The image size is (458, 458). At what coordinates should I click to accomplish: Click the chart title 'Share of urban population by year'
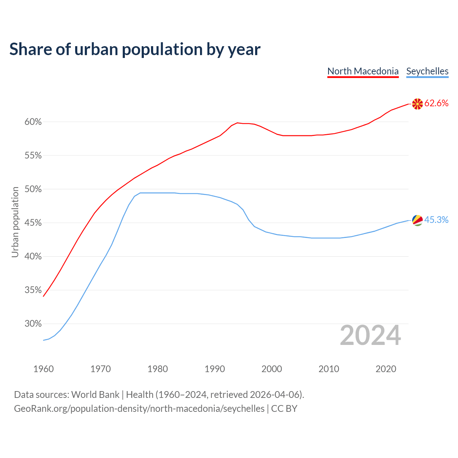(135, 49)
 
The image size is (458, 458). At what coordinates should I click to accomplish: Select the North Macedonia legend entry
(363, 71)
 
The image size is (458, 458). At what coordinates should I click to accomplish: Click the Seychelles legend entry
(427, 71)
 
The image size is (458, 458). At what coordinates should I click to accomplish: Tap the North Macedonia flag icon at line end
(417, 104)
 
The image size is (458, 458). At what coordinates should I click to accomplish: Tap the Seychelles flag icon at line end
(417, 220)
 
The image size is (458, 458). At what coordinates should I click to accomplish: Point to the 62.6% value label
(436, 103)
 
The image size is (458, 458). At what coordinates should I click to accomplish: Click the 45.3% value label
(436, 220)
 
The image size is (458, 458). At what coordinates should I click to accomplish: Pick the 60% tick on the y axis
(33, 122)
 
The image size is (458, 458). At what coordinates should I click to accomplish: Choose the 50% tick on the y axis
(33, 189)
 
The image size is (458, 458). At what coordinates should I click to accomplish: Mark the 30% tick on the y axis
(33, 324)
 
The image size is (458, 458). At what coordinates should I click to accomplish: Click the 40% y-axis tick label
(33, 257)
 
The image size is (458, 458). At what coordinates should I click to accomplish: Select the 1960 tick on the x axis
(43, 369)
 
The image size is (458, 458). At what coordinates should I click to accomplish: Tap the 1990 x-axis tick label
(215, 369)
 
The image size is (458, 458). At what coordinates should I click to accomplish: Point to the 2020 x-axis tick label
(386, 369)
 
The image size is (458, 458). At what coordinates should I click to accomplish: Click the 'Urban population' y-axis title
(15, 222)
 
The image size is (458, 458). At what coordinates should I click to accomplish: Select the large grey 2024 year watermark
(370, 336)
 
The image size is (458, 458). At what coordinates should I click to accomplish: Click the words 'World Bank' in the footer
(95, 395)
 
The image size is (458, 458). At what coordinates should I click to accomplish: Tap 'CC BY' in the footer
(284, 409)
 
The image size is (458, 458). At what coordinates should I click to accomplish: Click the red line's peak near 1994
(237, 123)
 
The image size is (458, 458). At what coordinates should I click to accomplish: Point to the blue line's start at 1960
(44, 340)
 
